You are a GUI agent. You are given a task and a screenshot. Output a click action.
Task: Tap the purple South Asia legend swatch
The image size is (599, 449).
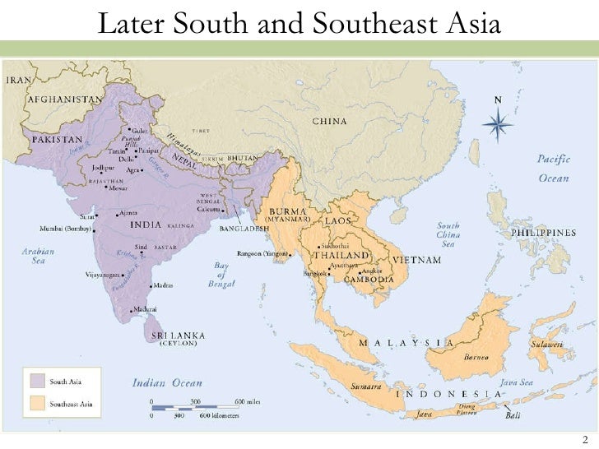coord(36,380)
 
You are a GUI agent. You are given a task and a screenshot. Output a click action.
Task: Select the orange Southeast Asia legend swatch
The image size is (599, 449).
coord(36,403)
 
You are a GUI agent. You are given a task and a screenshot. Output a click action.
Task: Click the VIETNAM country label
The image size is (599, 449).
coord(419,260)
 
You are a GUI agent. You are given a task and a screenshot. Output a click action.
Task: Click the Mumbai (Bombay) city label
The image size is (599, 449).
coord(67,228)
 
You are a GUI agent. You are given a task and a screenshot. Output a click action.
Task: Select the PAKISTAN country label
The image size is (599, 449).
coord(57,139)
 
